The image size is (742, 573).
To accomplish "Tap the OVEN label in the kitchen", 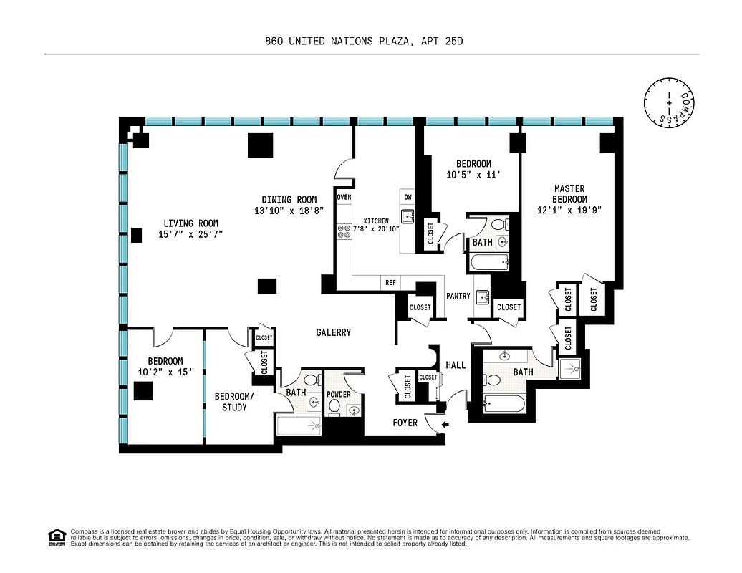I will pyautogui.click(x=344, y=197).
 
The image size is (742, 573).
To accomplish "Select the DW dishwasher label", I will pyautogui.click(x=408, y=197).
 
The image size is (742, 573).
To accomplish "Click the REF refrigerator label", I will pyautogui.click(x=390, y=283).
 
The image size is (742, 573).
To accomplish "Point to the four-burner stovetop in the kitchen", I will pyautogui.click(x=344, y=231).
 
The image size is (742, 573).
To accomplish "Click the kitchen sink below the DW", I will pyautogui.click(x=408, y=216).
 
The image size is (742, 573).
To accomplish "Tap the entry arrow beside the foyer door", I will pyautogui.click(x=445, y=425).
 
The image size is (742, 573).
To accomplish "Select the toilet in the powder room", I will pyautogui.click(x=334, y=408).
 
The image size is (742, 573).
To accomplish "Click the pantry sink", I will pyautogui.click(x=482, y=297).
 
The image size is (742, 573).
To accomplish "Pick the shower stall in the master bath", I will pyautogui.click(x=570, y=368).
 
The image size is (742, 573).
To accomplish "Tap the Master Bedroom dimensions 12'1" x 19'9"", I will pyautogui.click(x=570, y=211).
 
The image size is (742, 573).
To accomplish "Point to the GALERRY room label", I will pyautogui.click(x=334, y=332).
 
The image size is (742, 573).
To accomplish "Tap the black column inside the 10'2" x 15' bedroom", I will pyautogui.click(x=143, y=391).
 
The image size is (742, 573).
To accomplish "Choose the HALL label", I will pyautogui.click(x=456, y=365).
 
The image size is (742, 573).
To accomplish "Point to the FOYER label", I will pyautogui.click(x=405, y=423).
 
